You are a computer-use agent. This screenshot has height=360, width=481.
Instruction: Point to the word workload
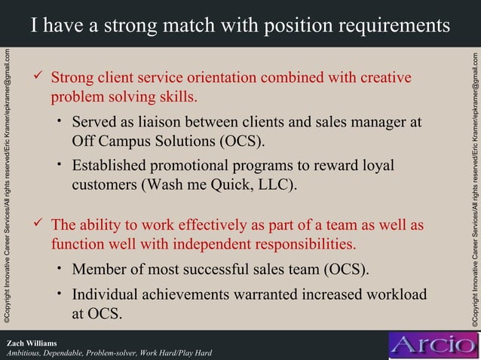pyautogui.click(x=392, y=294)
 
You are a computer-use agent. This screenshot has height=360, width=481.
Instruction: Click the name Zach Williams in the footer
pyautogui.click(x=32, y=343)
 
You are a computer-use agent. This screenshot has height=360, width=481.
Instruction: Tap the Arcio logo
pyautogui.click(x=432, y=346)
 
